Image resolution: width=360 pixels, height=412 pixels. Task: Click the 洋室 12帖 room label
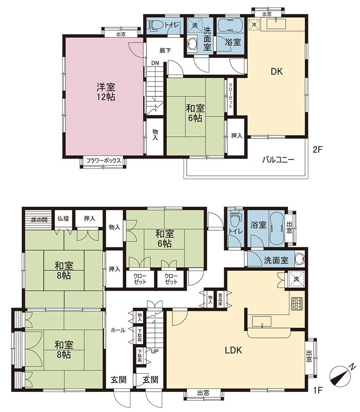(106, 92)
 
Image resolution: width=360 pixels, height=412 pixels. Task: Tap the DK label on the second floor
(277, 71)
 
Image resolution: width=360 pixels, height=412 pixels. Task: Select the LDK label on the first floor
(233, 350)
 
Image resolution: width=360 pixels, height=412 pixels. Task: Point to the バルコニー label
(278, 160)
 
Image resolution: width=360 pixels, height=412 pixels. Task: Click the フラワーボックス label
(104, 161)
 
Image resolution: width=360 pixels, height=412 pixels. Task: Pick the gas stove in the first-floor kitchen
(297, 304)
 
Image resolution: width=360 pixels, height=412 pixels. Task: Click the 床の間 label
(39, 220)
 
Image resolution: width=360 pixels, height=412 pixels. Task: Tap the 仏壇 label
(63, 218)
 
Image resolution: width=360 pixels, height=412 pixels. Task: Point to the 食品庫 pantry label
(220, 300)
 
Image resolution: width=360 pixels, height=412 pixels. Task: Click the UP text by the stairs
(155, 351)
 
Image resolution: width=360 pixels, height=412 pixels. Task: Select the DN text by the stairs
(155, 63)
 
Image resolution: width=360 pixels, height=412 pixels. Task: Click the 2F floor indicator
(318, 150)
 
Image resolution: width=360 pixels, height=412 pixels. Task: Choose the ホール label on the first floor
(118, 330)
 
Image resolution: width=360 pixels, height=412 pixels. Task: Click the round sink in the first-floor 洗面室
(300, 259)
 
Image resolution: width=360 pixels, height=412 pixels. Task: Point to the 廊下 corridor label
(165, 50)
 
